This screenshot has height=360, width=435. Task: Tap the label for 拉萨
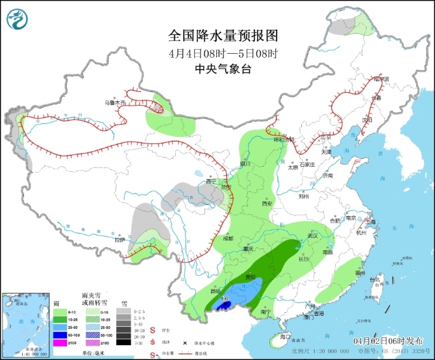coord(118,239)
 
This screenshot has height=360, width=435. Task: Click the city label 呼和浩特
coord(282,139)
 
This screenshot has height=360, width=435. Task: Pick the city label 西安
coord(266,203)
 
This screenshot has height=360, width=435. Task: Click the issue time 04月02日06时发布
coord(389,341)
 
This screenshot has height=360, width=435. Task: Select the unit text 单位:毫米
coord(93,352)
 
